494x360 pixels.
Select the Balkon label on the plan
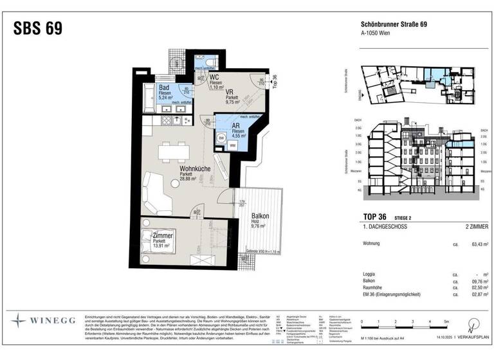[x=260, y=216]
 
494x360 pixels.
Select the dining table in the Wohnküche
[x=174, y=150]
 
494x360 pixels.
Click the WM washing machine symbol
[x=233, y=146]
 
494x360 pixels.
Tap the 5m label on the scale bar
[x=444, y=320]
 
